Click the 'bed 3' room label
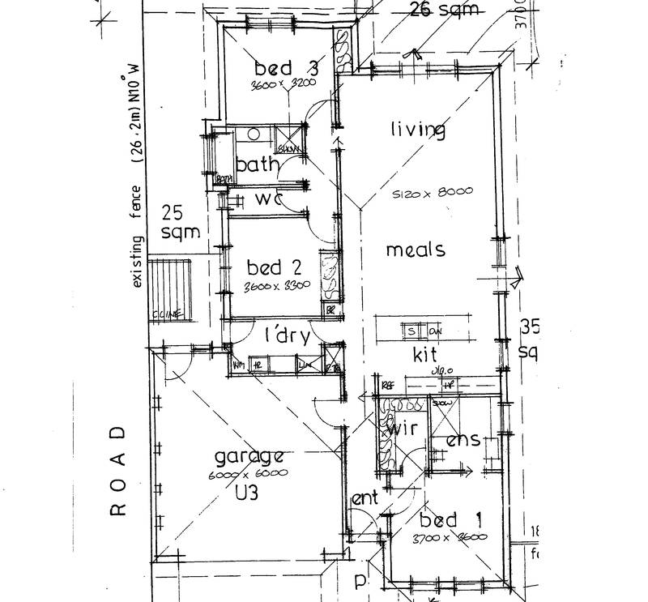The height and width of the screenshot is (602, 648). [283, 67]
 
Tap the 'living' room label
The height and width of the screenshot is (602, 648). [418, 130]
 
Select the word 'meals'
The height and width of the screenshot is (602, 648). [415, 250]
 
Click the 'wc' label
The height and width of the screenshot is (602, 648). [268, 199]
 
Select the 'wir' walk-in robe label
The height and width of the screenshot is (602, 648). [403, 429]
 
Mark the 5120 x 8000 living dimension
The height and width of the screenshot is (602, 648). [432, 194]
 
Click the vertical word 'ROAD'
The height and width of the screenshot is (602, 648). [118, 471]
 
